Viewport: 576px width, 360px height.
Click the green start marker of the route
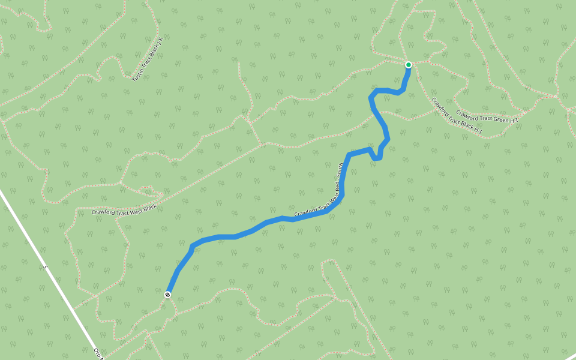(x=409, y=65)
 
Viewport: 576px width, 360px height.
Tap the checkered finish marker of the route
(x=167, y=294)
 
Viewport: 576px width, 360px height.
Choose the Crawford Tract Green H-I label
(x=487, y=117)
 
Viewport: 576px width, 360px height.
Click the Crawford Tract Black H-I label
(x=457, y=116)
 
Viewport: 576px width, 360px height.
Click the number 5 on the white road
(x=46, y=266)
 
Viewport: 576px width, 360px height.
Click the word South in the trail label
(x=339, y=175)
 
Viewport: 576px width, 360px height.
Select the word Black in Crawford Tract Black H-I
(x=464, y=122)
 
